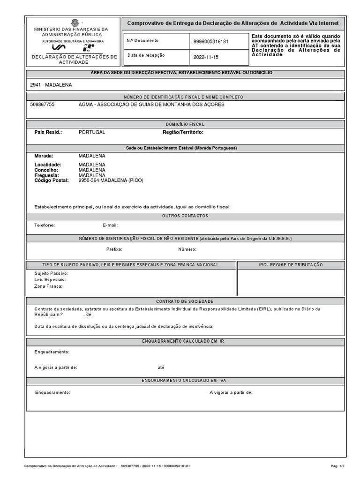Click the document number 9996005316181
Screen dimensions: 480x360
tap(210, 41)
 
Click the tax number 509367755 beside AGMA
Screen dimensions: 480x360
tap(42, 105)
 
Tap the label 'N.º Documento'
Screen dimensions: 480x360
tap(142, 41)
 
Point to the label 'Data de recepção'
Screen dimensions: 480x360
tap(146, 55)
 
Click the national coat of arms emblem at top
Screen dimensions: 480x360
tap(75, 22)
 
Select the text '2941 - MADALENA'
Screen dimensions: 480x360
tap(51, 85)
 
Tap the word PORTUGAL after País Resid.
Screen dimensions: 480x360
tap(92, 132)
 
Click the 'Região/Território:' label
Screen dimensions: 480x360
tap(183, 132)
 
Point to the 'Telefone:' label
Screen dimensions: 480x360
tap(45, 225)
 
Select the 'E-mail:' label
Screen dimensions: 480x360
tap(110, 225)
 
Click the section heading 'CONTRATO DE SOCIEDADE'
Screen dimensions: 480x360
tap(185, 301)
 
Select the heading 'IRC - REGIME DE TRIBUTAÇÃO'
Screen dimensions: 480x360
tap(291, 265)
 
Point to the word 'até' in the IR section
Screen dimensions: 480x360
tap(161, 367)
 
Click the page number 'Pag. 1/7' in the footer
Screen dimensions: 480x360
tap(337, 466)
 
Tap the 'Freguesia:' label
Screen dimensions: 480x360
tap(46, 175)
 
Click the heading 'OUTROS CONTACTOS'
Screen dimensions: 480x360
tap(185, 216)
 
